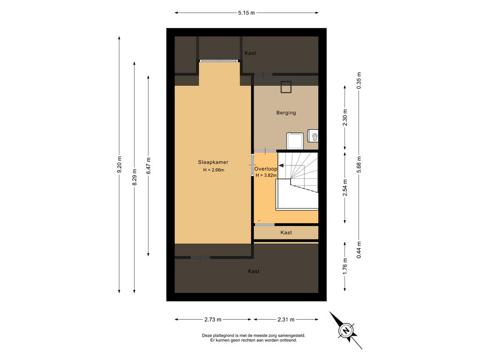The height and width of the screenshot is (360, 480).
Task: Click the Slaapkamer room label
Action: click(x=213, y=162)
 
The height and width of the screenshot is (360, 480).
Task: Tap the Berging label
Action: click(x=286, y=112)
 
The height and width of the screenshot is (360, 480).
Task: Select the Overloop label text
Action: click(x=266, y=169)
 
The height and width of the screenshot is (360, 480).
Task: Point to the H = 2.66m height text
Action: click(x=214, y=170)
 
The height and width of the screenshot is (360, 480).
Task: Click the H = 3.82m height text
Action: click(x=266, y=175)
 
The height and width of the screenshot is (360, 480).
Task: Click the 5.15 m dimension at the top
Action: click(x=247, y=13)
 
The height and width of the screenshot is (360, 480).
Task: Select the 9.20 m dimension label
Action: click(x=120, y=165)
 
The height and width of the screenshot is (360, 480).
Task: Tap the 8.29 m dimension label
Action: click(x=135, y=177)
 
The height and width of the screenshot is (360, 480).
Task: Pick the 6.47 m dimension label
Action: click(x=149, y=165)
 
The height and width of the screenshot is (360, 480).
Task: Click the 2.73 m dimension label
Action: click(x=213, y=320)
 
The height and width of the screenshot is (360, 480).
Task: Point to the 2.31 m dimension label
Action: click(x=286, y=320)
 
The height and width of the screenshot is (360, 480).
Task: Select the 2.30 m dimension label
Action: click(x=345, y=118)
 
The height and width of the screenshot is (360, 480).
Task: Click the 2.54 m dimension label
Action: click(x=345, y=187)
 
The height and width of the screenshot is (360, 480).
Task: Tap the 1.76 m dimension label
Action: click(x=345, y=267)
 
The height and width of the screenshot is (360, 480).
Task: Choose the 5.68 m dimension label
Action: click(x=359, y=165)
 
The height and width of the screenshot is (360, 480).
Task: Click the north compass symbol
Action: click(x=346, y=330)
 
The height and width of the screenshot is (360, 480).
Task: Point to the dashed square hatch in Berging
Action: click(x=286, y=87)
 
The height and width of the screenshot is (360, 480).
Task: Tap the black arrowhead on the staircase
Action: click(x=281, y=165)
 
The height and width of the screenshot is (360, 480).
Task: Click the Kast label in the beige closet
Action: click(x=286, y=232)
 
